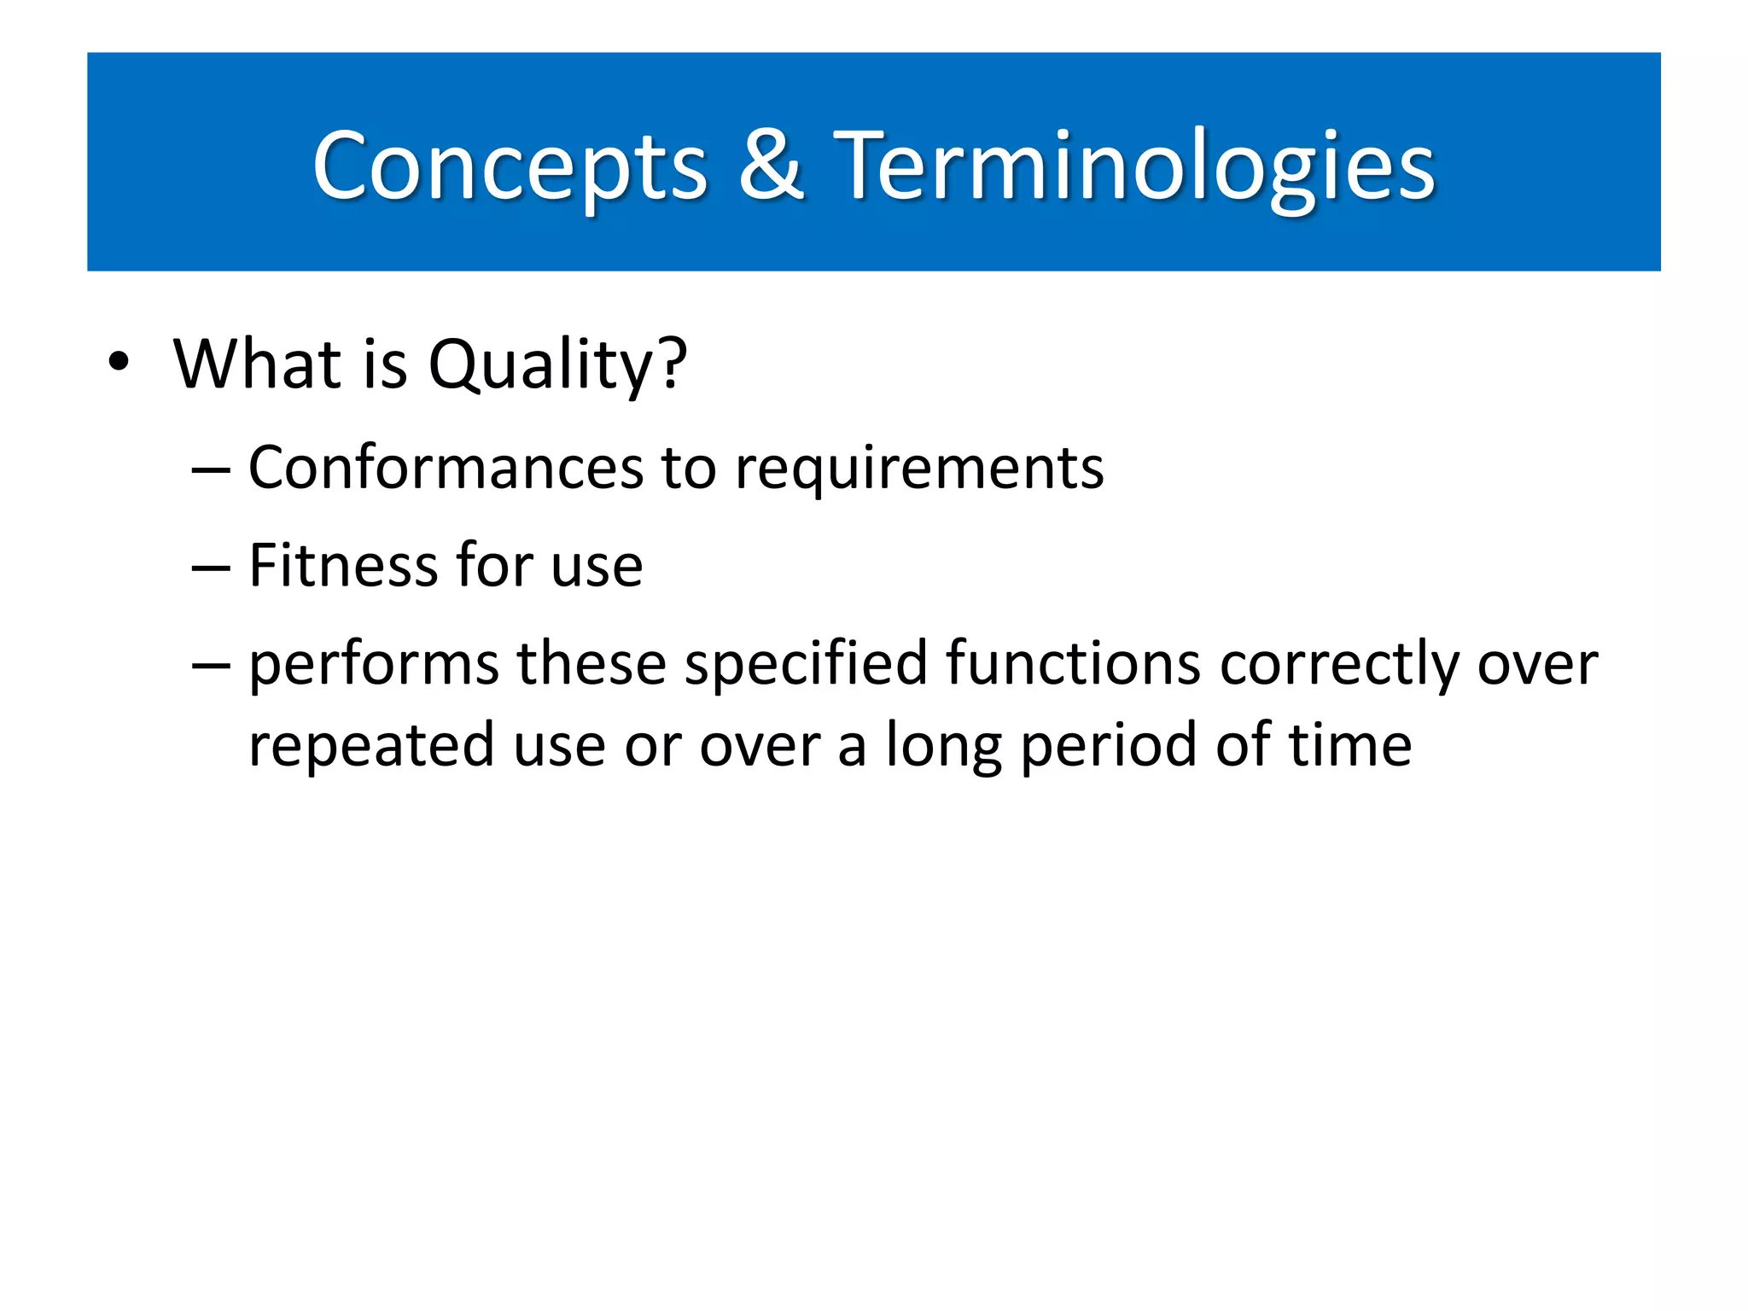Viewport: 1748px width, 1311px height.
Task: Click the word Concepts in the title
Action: [x=510, y=166]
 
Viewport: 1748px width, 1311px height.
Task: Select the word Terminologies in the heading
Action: [x=1133, y=166]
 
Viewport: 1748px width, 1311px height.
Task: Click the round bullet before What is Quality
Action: [x=119, y=363]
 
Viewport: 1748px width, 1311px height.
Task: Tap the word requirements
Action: [x=919, y=469]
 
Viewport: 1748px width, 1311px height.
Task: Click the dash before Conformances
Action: [x=211, y=470]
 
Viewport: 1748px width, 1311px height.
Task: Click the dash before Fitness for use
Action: [x=211, y=568]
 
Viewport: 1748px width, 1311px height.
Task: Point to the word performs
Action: [x=373, y=665]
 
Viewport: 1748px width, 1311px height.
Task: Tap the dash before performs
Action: [x=211, y=666]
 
